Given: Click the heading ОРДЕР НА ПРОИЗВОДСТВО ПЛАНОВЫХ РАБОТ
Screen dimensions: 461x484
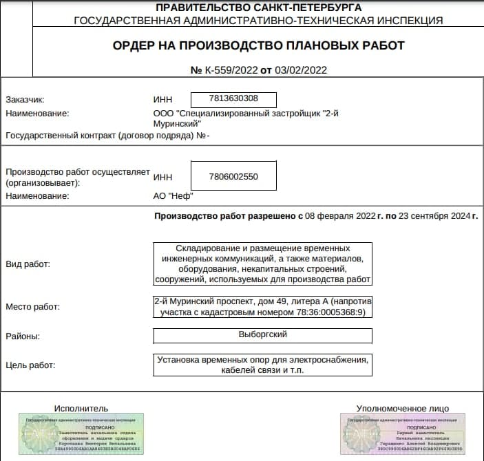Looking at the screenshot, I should [x=258, y=45].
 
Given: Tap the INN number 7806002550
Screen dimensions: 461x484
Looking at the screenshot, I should [x=233, y=176].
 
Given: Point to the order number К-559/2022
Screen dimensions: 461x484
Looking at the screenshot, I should [x=229, y=69].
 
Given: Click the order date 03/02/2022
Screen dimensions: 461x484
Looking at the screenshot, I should [x=302, y=69].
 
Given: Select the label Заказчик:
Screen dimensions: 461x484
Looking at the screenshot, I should [x=25, y=100].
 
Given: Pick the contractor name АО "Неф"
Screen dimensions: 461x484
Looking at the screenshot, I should [x=173, y=195].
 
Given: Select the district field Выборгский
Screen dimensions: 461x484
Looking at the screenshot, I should [x=262, y=335].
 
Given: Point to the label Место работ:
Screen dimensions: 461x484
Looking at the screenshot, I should [x=32, y=306].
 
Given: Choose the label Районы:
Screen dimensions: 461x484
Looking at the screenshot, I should [x=23, y=336].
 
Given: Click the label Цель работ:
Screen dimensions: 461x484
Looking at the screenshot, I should [x=30, y=365].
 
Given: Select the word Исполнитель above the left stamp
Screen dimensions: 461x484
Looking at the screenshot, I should [x=81, y=408].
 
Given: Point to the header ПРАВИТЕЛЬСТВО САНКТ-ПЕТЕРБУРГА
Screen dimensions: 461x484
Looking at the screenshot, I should [x=258, y=8].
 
